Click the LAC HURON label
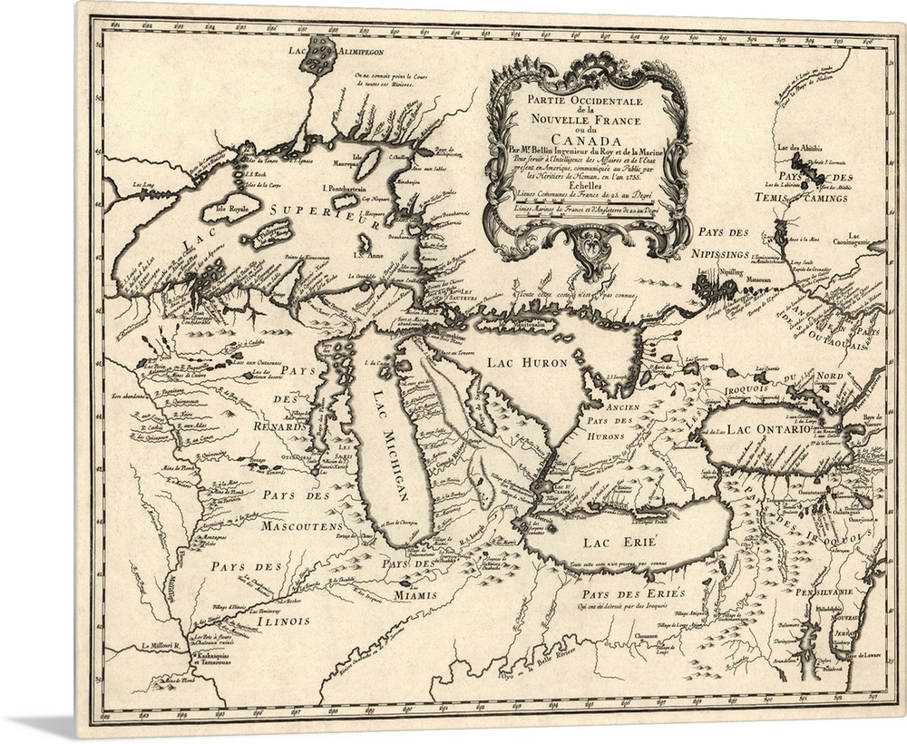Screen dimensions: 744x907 pyautogui.click(x=526, y=362)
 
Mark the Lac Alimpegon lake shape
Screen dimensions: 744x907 pyautogui.click(x=319, y=54)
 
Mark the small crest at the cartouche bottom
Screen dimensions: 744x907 pyautogui.click(x=589, y=244)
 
